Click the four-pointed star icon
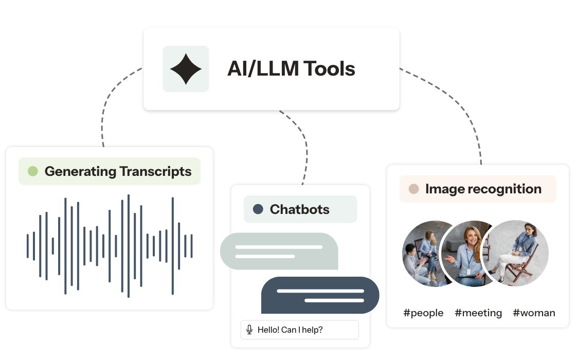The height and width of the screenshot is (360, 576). [x=186, y=69]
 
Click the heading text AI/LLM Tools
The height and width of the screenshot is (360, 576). [x=291, y=69]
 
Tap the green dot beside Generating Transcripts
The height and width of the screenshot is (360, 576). [x=33, y=171]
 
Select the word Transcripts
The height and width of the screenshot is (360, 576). [x=155, y=171]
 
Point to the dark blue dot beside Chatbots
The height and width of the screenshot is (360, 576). [x=258, y=209]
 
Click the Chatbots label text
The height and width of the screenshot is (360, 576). [x=299, y=209]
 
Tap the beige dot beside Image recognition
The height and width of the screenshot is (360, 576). [x=413, y=189]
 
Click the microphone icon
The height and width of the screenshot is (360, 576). [x=249, y=330]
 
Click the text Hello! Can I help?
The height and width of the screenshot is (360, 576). [x=290, y=330]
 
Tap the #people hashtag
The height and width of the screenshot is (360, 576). [x=423, y=313]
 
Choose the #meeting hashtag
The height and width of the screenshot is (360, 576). [x=478, y=313]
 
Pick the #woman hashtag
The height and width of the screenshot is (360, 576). [x=534, y=313]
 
